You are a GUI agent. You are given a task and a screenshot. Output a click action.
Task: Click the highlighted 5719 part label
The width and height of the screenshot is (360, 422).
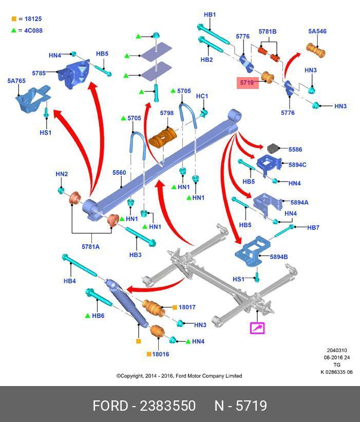click(247, 82)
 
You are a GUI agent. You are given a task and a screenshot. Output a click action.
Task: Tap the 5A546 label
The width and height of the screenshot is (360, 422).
click(317, 31)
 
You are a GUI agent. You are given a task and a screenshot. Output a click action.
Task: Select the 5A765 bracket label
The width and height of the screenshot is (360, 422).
click(16, 81)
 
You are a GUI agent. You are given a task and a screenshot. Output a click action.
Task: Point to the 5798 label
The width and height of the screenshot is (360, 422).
click(166, 113)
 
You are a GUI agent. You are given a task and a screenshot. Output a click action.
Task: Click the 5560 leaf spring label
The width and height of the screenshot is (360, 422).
click(119, 173)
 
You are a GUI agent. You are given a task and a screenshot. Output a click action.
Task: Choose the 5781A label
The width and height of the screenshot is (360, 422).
click(90, 247)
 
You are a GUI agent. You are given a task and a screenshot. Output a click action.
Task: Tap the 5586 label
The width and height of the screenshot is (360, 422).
click(295, 150)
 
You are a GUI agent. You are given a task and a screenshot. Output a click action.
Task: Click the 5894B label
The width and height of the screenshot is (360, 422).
click(278, 257)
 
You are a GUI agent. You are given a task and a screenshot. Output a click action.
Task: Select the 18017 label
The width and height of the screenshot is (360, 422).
click(187, 307)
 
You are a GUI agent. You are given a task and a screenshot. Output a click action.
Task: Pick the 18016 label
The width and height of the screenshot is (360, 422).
click(161, 354)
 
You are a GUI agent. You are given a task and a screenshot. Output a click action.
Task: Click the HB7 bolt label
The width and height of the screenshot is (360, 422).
click(313, 227)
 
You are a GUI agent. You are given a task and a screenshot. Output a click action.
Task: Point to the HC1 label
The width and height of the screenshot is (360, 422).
click(202, 96)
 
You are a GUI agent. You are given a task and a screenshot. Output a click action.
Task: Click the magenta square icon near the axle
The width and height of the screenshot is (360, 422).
click(257, 327)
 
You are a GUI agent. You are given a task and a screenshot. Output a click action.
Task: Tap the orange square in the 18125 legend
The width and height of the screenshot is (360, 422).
click(14, 19)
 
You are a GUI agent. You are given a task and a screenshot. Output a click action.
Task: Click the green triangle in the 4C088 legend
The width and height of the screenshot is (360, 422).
click(14, 30)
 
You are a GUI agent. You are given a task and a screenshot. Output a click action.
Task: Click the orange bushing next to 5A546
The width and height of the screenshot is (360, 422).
click(317, 50)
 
